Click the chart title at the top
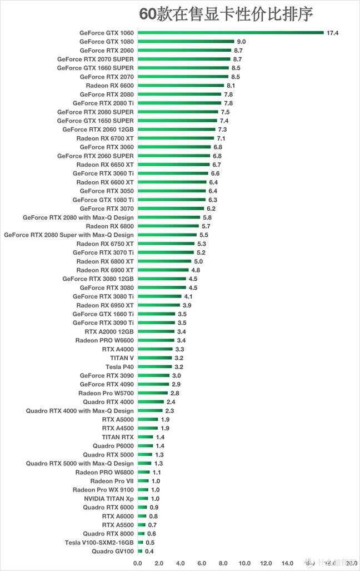click(x=226, y=14)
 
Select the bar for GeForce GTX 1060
click(x=231, y=33)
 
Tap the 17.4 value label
click(x=332, y=33)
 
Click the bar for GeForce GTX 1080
click(x=186, y=42)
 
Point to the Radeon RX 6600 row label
click(x=109, y=86)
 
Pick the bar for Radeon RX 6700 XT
click(x=176, y=138)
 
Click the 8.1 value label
click(x=232, y=86)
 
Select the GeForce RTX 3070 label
click(x=107, y=208)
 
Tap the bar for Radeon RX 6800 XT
click(x=164, y=261)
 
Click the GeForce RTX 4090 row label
click(x=107, y=384)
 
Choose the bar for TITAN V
click(x=155, y=358)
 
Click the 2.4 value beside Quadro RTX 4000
click(x=171, y=402)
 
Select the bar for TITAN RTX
click(x=145, y=437)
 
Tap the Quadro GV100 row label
click(x=113, y=551)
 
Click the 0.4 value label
click(x=149, y=551)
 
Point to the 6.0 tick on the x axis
click(x=202, y=563)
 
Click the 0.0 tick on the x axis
click(x=138, y=563)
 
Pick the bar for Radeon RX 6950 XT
click(x=158, y=305)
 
